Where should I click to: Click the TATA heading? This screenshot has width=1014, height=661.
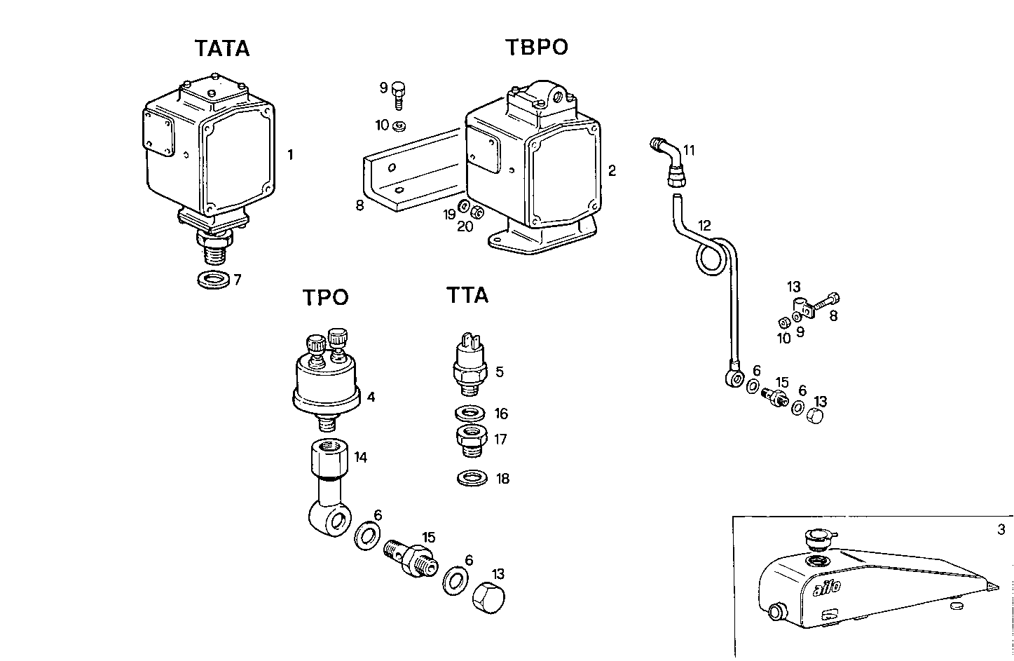coord(221,49)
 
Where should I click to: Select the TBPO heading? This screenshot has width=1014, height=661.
coord(536,48)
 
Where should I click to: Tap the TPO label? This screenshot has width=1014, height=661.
coord(325,298)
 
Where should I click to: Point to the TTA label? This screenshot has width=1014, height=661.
coord(467,296)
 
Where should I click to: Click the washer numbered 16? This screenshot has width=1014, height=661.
coord(470,413)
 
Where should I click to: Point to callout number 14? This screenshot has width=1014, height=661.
coord(360,458)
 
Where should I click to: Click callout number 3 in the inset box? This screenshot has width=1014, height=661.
coord(1001,529)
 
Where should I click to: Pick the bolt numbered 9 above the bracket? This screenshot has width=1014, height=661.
coord(399,93)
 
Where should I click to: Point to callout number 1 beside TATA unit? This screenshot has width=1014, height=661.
coord(290,155)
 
